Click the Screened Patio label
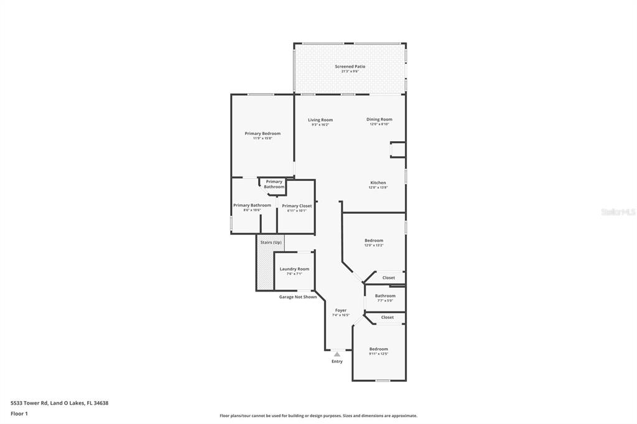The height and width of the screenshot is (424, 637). pyautogui.click(x=350, y=67)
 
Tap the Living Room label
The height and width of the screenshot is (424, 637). pyautogui.click(x=320, y=120)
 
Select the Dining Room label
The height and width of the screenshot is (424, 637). pyautogui.click(x=379, y=119)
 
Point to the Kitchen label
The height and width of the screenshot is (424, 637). pyautogui.click(x=378, y=183)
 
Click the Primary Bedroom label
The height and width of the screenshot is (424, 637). pyautogui.click(x=263, y=134)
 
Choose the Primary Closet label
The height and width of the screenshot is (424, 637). pyautogui.click(x=297, y=206)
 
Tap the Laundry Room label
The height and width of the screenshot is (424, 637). pyautogui.click(x=294, y=269)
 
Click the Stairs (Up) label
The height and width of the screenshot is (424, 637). pyautogui.click(x=271, y=242)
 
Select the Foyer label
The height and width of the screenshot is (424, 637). pyautogui.click(x=341, y=310)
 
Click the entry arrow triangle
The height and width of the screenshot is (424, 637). pyautogui.click(x=337, y=354)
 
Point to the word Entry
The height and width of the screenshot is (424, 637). pyautogui.click(x=337, y=361)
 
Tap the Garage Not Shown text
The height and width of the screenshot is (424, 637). pyautogui.click(x=297, y=297)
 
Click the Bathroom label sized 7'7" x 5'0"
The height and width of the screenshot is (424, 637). pyautogui.click(x=385, y=296)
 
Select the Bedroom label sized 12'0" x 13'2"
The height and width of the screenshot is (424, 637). pyautogui.click(x=374, y=241)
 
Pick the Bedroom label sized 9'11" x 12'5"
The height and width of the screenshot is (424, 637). pyautogui.click(x=378, y=349)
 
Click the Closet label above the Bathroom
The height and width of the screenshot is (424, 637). pyautogui.click(x=389, y=278)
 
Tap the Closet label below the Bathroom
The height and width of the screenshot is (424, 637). pyautogui.click(x=388, y=317)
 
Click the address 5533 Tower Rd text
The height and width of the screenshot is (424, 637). pyautogui.click(x=59, y=403)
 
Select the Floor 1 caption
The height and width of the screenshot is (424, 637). pyautogui.click(x=19, y=413)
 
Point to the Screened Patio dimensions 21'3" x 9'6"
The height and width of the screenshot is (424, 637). pyautogui.click(x=350, y=71)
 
